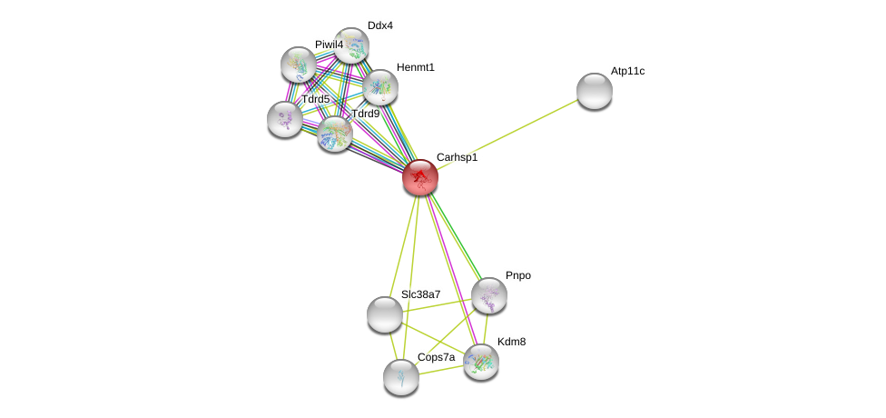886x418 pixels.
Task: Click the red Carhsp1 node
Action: point(420,177)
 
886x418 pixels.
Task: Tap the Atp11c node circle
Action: point(595,91)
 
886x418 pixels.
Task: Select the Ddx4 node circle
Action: point(351,45)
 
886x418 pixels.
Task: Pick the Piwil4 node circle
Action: point(299,65)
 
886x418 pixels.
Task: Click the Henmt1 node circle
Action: point(380,87)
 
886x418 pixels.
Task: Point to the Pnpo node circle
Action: point(489,295)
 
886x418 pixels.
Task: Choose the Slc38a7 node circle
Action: point(385,314)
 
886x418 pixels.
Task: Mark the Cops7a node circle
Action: point(401,377)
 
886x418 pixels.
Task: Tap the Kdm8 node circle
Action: point(481,362)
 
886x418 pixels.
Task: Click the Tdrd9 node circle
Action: point(335,134)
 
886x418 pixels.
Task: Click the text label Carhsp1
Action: point(457,158)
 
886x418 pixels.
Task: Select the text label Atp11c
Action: point(627,71)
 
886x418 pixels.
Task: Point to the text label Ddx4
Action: point(380,25)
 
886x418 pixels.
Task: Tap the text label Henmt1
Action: point(416,67)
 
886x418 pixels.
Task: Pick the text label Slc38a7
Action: point(420,294)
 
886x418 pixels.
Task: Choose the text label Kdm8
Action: point(512,342)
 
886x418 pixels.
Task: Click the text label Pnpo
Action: point(518,275)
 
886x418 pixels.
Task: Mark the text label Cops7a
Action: point(436,358)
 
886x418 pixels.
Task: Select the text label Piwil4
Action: point(330,45)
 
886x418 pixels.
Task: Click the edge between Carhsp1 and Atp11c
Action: point(508,134)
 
